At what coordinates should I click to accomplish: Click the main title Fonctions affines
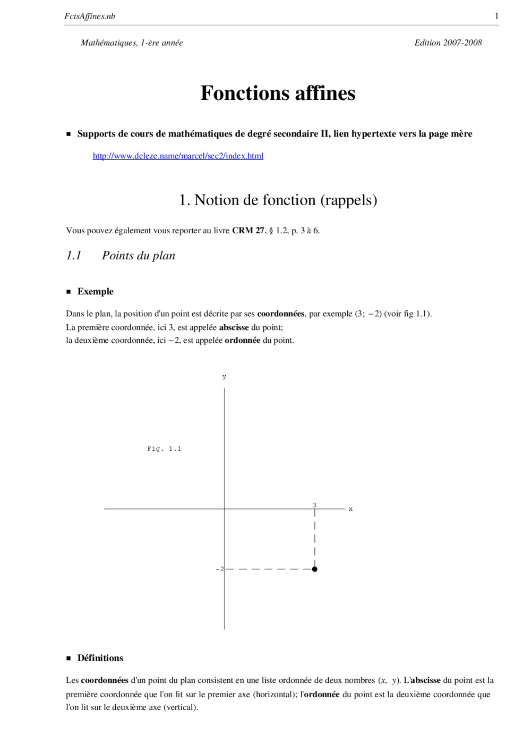tap(278, 93)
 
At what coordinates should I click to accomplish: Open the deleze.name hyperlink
tap(178, 156)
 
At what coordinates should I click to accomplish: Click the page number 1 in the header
tap(496, 16)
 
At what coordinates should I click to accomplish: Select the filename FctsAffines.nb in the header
tap(90, 16)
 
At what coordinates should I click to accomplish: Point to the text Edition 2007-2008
tap(448, 43)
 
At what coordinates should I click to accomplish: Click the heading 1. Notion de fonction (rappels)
tap(278, 200)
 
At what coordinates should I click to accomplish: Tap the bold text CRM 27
tap(248, 230)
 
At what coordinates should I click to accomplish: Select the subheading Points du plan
tap(138, 256)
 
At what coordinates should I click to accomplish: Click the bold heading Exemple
tap(95, 291)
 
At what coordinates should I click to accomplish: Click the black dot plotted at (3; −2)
tap(315, 569)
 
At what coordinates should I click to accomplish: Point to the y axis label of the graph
tap(224, 377)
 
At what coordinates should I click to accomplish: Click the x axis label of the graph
tap(350, 509)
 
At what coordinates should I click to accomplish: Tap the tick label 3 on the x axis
tap(314, 505)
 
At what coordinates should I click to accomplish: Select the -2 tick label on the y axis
tap(220, 569)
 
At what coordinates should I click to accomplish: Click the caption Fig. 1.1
tap(164, 449)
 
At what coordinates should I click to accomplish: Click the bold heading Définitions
tap(100, 658)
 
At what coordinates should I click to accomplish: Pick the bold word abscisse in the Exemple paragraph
tap(234, 327)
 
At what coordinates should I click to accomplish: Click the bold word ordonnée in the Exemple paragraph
tap(242, 340)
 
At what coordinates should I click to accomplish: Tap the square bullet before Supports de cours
tap(68, 134)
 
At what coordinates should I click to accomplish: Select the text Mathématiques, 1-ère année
tap(132, 43)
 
